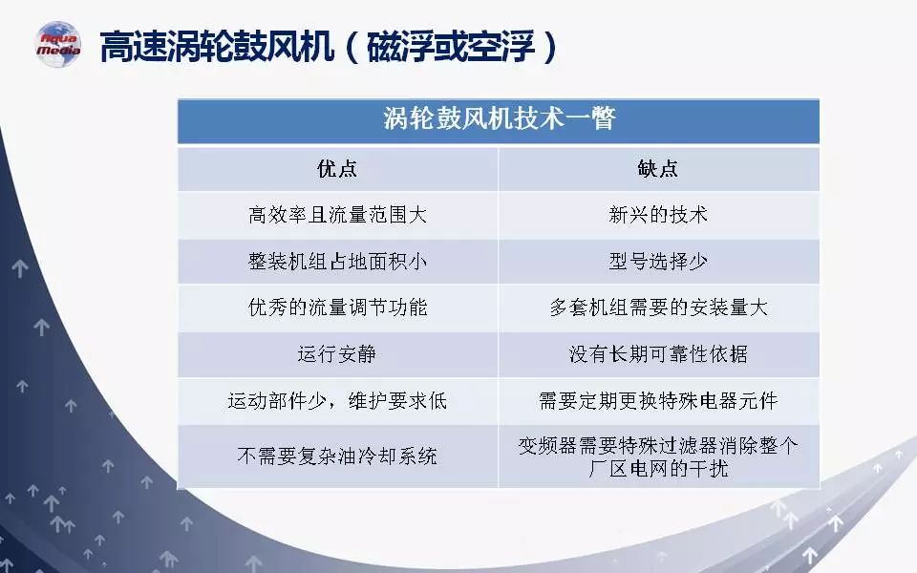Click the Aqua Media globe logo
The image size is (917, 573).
(58, 45)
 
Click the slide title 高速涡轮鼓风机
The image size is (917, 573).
(217, 46)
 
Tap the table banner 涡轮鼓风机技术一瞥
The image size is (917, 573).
(499, 118)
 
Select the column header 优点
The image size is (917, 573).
(337, 169)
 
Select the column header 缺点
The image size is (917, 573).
(658, 169)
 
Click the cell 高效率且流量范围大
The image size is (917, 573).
(337, 215)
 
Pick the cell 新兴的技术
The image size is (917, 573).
(658, 215)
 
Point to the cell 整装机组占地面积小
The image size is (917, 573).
(337, 262)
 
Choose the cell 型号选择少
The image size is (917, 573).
(658, 262)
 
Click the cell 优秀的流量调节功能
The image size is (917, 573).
(337, 308)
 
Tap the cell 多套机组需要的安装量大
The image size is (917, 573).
(658, 308)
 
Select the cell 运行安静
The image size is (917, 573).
(337, 354)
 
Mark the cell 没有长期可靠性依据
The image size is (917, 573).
(658, 354)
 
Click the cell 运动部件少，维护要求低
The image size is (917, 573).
(337, 401)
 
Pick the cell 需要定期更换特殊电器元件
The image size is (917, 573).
(658, 401)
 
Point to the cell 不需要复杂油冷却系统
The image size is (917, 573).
(337, 456)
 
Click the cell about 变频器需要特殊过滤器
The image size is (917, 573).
(658, 456)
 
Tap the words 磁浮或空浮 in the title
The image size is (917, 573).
(451, 46)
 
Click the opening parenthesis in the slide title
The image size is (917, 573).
(352, 47)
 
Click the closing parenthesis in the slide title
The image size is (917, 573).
(550, 47)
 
